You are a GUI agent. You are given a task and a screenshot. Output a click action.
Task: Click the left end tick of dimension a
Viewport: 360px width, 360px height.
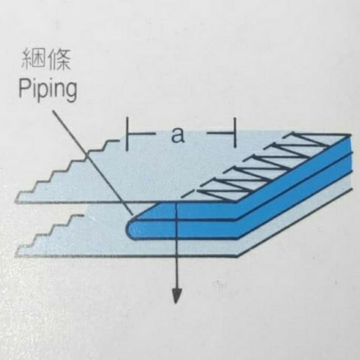click(127, 134)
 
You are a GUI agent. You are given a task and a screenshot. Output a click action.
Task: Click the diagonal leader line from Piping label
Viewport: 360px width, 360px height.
click(92, 161)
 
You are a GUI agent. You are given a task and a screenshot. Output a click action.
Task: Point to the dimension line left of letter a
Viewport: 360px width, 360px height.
click(145, 134)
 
